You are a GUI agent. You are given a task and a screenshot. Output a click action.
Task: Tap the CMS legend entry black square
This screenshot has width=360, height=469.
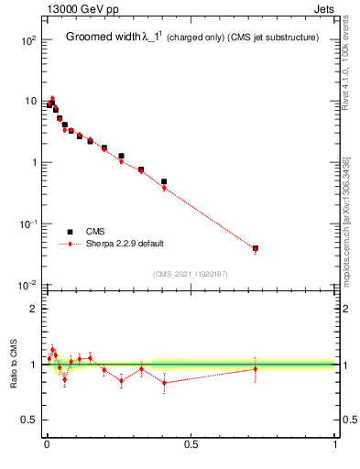pyautogui.click(x=71, y=232)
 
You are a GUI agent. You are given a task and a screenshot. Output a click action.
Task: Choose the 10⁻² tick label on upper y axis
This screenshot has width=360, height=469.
pyautogui.click(x=27, y=285)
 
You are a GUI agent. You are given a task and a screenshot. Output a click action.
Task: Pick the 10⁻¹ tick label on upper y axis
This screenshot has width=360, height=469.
pyautogui.click(x=27, y=224)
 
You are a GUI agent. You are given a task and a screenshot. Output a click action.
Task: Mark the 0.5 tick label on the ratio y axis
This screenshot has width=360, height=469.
pyautogui.click(x=29, y=420)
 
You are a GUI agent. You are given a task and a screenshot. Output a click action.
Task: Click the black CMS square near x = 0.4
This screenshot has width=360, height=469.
pyautogui.click(x=164, y=181)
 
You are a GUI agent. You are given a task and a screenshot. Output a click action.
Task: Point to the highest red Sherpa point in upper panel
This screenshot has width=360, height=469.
pyautogui.click(x=52, y=99)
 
